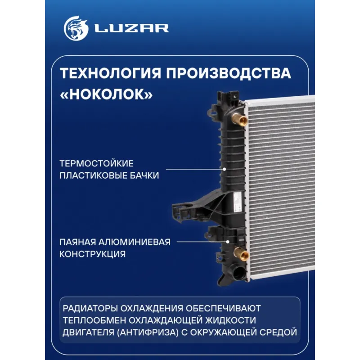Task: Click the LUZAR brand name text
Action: pyautogui.click(x=132, y=28)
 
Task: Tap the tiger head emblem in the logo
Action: pyautogui.click(x=76, y=28)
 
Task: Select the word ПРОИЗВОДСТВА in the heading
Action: pyautogui.click(x=229, y=73)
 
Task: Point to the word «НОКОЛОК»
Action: pyautogui.click(x=106, y=94)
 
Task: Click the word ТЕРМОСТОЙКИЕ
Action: pyautogui.click(x=96, y=163)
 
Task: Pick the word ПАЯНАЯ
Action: pyautogui.click(x=77, y=242)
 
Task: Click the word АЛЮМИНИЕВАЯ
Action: pyautogui.click(x=135, y=242)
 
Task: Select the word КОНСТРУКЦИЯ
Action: pyautogui.click(x=93, y=254)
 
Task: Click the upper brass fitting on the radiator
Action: pyautogui.click(x=239, y=119)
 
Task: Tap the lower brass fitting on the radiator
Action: pyautogui.click(x=241, y=254)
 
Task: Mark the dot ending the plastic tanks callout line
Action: pyautogui.click(x=225, y=169)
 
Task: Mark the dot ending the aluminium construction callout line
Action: pyautogui.click(x=228, y=242)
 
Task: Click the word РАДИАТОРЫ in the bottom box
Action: pyautogui.click(x=90, y=308)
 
